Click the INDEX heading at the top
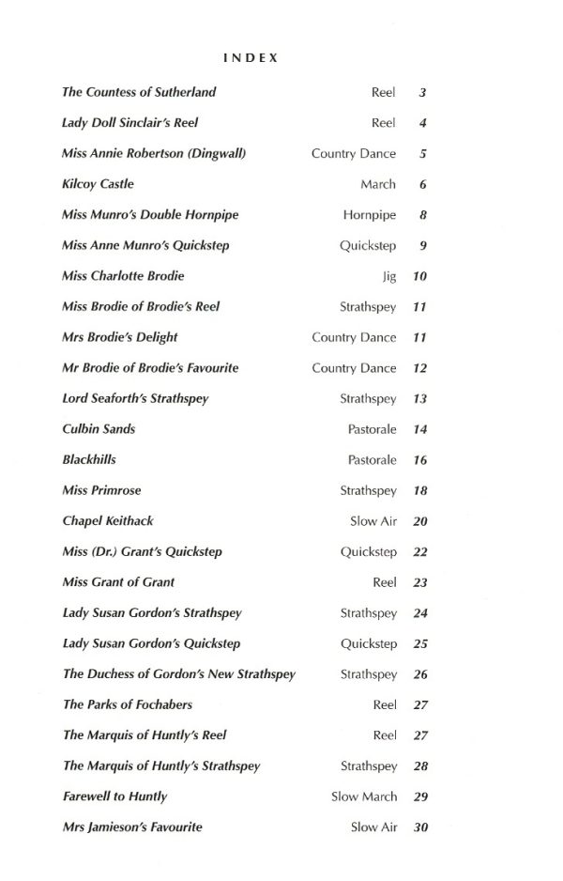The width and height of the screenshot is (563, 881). [x=251, y=58]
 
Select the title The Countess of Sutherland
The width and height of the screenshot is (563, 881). [x=139, y=92]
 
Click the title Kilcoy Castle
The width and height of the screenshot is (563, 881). [x=98, y=184]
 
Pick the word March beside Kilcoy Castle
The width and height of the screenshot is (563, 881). [x=378, y=185]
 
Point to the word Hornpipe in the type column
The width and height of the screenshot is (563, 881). [x=370, y=215]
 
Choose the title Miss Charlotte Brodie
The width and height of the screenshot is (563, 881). [x=123, y=276]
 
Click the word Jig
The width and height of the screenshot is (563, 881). [x=390, y=277]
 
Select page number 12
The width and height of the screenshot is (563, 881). [x=420, y=369]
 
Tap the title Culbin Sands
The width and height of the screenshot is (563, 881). [x=99, y=429]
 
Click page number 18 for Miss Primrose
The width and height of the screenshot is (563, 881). [x=420, y=491]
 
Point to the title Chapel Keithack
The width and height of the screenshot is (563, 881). [x=108, y=521]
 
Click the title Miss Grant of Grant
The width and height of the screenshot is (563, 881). [x=118, y=582]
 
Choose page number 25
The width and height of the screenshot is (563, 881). [x=420, y=644]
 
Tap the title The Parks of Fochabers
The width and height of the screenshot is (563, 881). [x=128, y=704]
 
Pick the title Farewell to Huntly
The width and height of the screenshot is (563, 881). [x=114, y=796]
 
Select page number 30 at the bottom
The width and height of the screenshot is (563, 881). [x=420, y=827]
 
